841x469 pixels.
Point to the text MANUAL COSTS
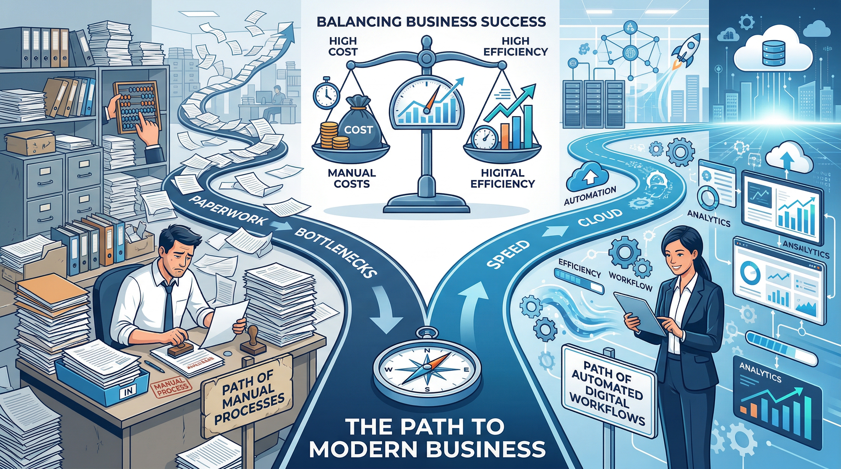point(352,178)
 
